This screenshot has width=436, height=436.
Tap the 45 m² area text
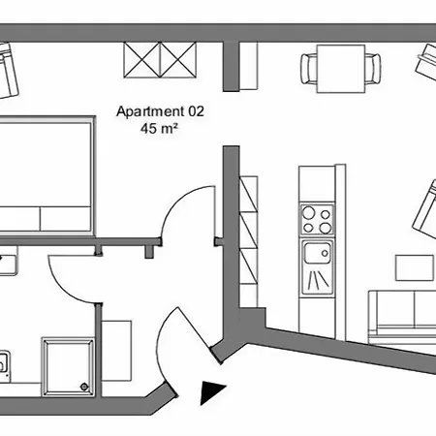tap(159, 128)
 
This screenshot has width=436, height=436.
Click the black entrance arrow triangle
tap(212, 392)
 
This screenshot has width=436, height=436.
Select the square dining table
tap(341, 69)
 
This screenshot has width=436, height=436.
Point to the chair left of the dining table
tap(308, 69)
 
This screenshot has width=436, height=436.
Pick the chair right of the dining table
tap(373, 69)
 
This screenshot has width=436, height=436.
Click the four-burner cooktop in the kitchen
tap(317, 220)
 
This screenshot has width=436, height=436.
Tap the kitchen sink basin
tap(318, 253)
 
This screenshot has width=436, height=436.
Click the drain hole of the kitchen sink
tap(325, 254)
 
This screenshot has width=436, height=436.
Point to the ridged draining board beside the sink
tap(318, 279)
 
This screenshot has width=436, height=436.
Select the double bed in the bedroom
tap(47, 174)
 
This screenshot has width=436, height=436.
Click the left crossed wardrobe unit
tap(141, 60)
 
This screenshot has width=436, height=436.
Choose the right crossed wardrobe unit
tap(178, 60)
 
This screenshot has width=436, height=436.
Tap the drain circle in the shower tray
tap(84, 387)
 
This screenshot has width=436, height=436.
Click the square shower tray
tap(68, 367)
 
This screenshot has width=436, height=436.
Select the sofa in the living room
tap(402, 318)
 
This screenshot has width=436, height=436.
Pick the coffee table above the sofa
tap(415, 267)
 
